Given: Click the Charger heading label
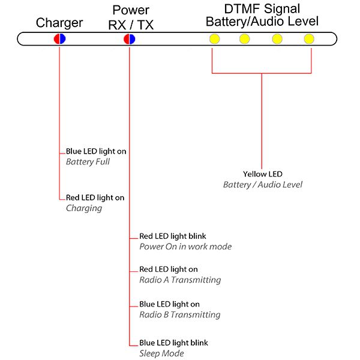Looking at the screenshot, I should [x=59, y=23].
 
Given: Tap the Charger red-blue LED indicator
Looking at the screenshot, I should [x=59, y=39].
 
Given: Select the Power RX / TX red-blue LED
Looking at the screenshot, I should [x=130, y=39].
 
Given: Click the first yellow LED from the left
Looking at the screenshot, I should [x=213, y=39].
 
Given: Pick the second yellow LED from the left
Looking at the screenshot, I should [x=245, y=39].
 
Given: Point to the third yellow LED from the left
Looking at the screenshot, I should [x=277, y=39].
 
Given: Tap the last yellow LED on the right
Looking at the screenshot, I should [x=308, y=39].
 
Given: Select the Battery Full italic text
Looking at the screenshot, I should [x=88, y=162].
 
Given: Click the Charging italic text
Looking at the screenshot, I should [x=84, y=208].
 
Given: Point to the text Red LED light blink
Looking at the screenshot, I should [x=173, y=236].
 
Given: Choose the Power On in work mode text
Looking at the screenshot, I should [x=185, y=247].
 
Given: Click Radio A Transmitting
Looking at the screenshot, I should [x=180, y=280].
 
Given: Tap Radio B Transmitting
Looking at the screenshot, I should [x=180, y=314].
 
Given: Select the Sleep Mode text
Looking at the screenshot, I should [x=161, y=353].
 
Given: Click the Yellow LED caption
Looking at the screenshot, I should [x=263, y=174].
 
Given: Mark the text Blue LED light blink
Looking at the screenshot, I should [x=173, y=343].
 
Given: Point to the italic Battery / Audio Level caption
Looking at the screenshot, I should [x=263, y=185].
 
